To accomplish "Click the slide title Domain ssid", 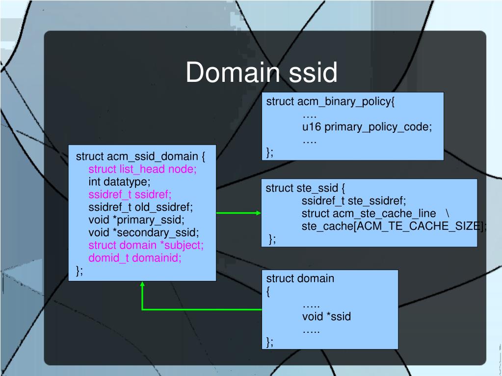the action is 261,73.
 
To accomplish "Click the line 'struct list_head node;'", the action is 142,169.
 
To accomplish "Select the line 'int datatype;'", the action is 119,182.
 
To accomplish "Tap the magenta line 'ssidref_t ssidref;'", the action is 130,195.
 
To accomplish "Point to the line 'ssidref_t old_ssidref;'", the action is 141,207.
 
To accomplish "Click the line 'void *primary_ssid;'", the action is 136,220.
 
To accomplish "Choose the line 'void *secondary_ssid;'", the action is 144,232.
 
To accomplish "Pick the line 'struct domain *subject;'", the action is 146,245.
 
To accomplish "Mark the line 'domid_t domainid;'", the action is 134,258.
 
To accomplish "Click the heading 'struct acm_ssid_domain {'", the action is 140,156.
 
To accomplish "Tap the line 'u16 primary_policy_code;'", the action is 367,127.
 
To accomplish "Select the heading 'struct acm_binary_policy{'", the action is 330,101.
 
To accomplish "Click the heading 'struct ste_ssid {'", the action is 306,188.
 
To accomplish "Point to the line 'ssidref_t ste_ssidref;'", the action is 354,201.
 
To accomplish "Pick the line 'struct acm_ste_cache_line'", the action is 369,213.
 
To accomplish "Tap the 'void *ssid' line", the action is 326,316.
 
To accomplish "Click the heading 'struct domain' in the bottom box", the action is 300,278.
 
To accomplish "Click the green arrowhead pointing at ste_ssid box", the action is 259,213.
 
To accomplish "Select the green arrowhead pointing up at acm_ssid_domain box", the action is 142,284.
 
